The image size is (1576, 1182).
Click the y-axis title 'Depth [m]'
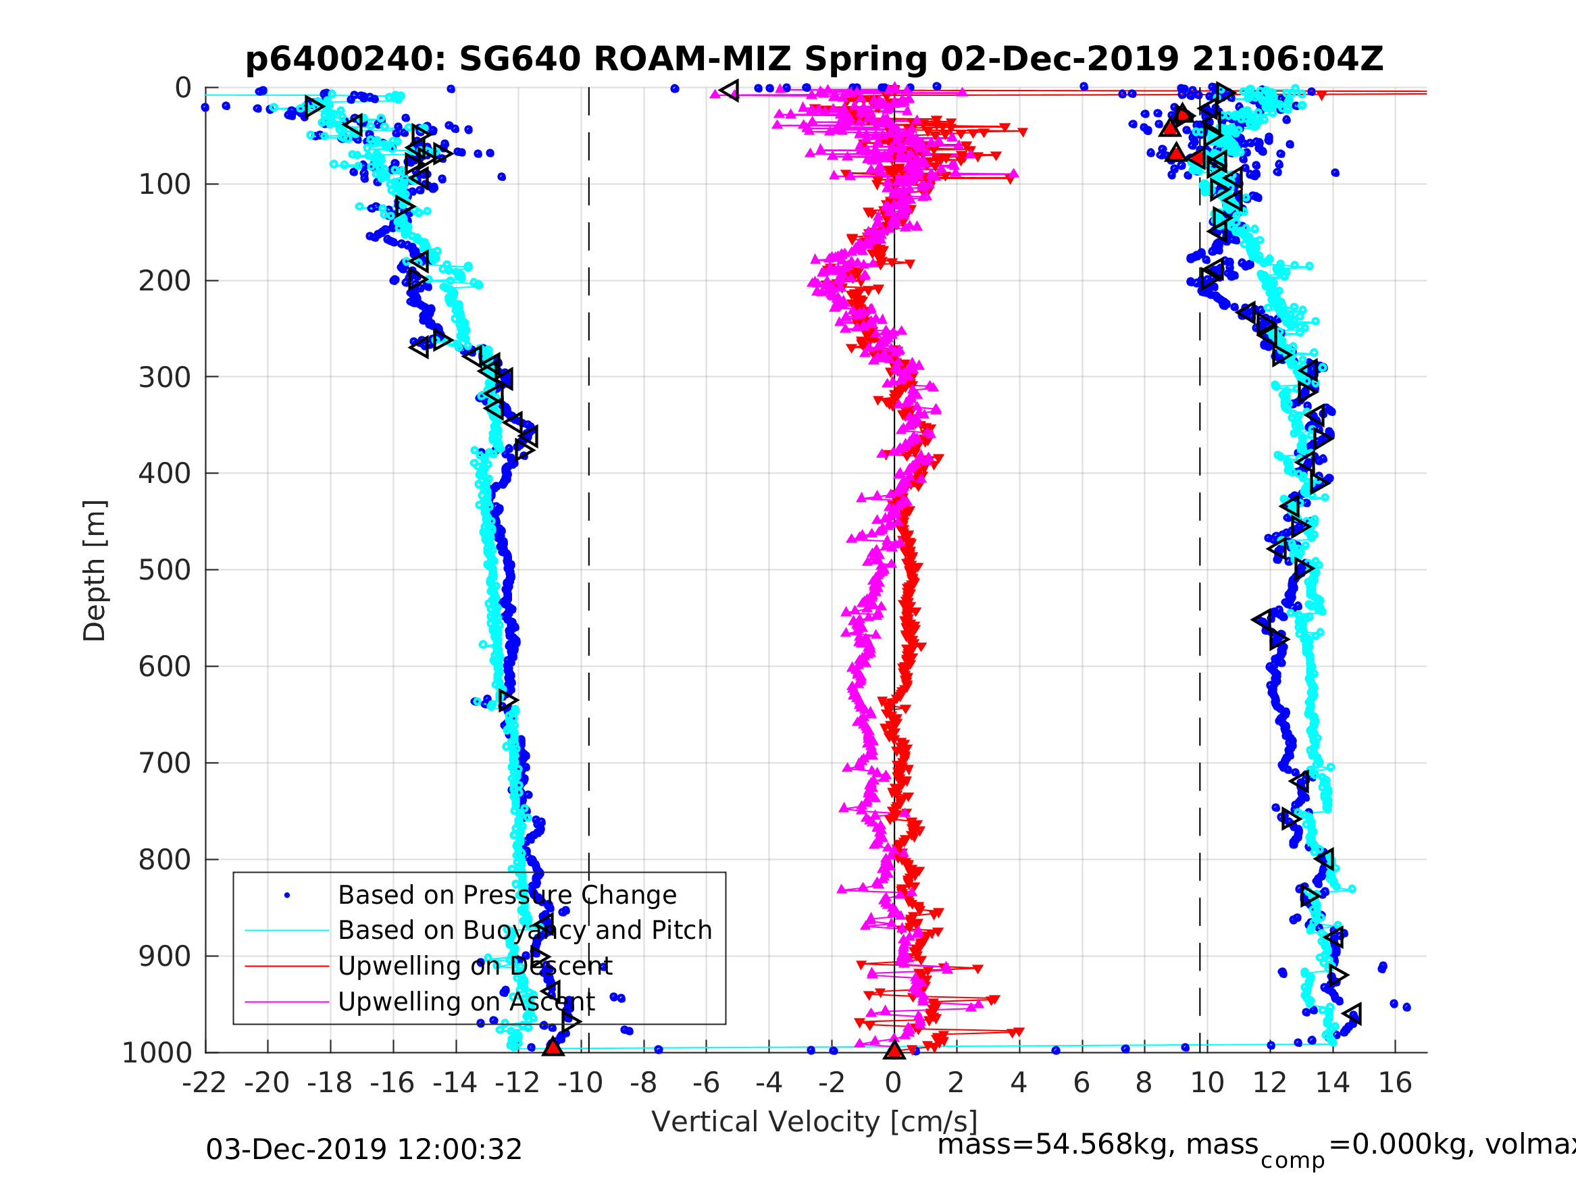click(95, 571)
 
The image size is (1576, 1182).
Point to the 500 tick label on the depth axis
click(165, 570)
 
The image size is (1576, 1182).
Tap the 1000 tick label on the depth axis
click(157, 1053)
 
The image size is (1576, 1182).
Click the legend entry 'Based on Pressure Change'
click(507, 895)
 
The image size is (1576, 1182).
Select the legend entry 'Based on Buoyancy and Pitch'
click(524, 931)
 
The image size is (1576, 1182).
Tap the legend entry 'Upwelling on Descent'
click(474, 966)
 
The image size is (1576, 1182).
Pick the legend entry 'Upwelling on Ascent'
click(466, 1002)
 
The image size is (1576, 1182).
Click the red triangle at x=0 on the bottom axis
click(894, 1050)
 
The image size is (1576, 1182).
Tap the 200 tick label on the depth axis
click(165, 281)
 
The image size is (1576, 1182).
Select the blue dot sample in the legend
click(287, 895)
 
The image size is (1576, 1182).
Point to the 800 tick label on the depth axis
click(165, 860)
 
